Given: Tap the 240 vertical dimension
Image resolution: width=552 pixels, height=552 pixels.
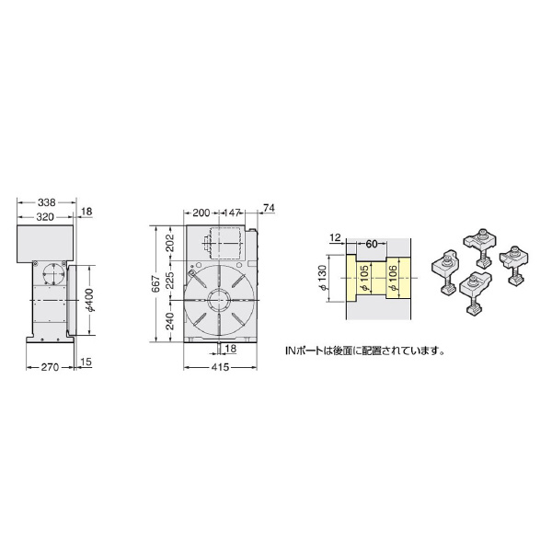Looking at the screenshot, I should click(x=170, y=322).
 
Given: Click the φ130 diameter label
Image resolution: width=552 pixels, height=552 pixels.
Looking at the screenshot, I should click(x=322, y=280).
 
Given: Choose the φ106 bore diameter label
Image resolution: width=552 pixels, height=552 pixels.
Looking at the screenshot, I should click(x=393, y=280).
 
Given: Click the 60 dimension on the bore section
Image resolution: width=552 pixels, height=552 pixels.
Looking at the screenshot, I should click(x=372, y=245).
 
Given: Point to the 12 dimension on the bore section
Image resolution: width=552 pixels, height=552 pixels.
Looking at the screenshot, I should click(x=335, y=238).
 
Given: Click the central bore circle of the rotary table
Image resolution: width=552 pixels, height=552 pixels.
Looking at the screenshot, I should click(x=219, y=300).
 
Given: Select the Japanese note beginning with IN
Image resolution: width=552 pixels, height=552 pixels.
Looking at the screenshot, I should click(x=365, y=351).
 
